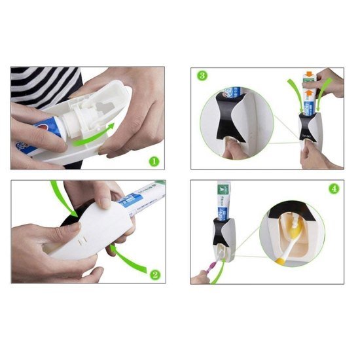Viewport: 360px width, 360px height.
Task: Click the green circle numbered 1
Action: click(x=153, y=160)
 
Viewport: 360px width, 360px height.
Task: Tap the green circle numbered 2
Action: click(x=155, y=274)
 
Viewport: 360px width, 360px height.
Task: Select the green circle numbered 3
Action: click(x=203, y=76)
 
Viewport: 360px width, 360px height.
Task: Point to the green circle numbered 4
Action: click(x=334, y=189)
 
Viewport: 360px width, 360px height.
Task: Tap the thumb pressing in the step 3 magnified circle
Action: click(x=230, y=148)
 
